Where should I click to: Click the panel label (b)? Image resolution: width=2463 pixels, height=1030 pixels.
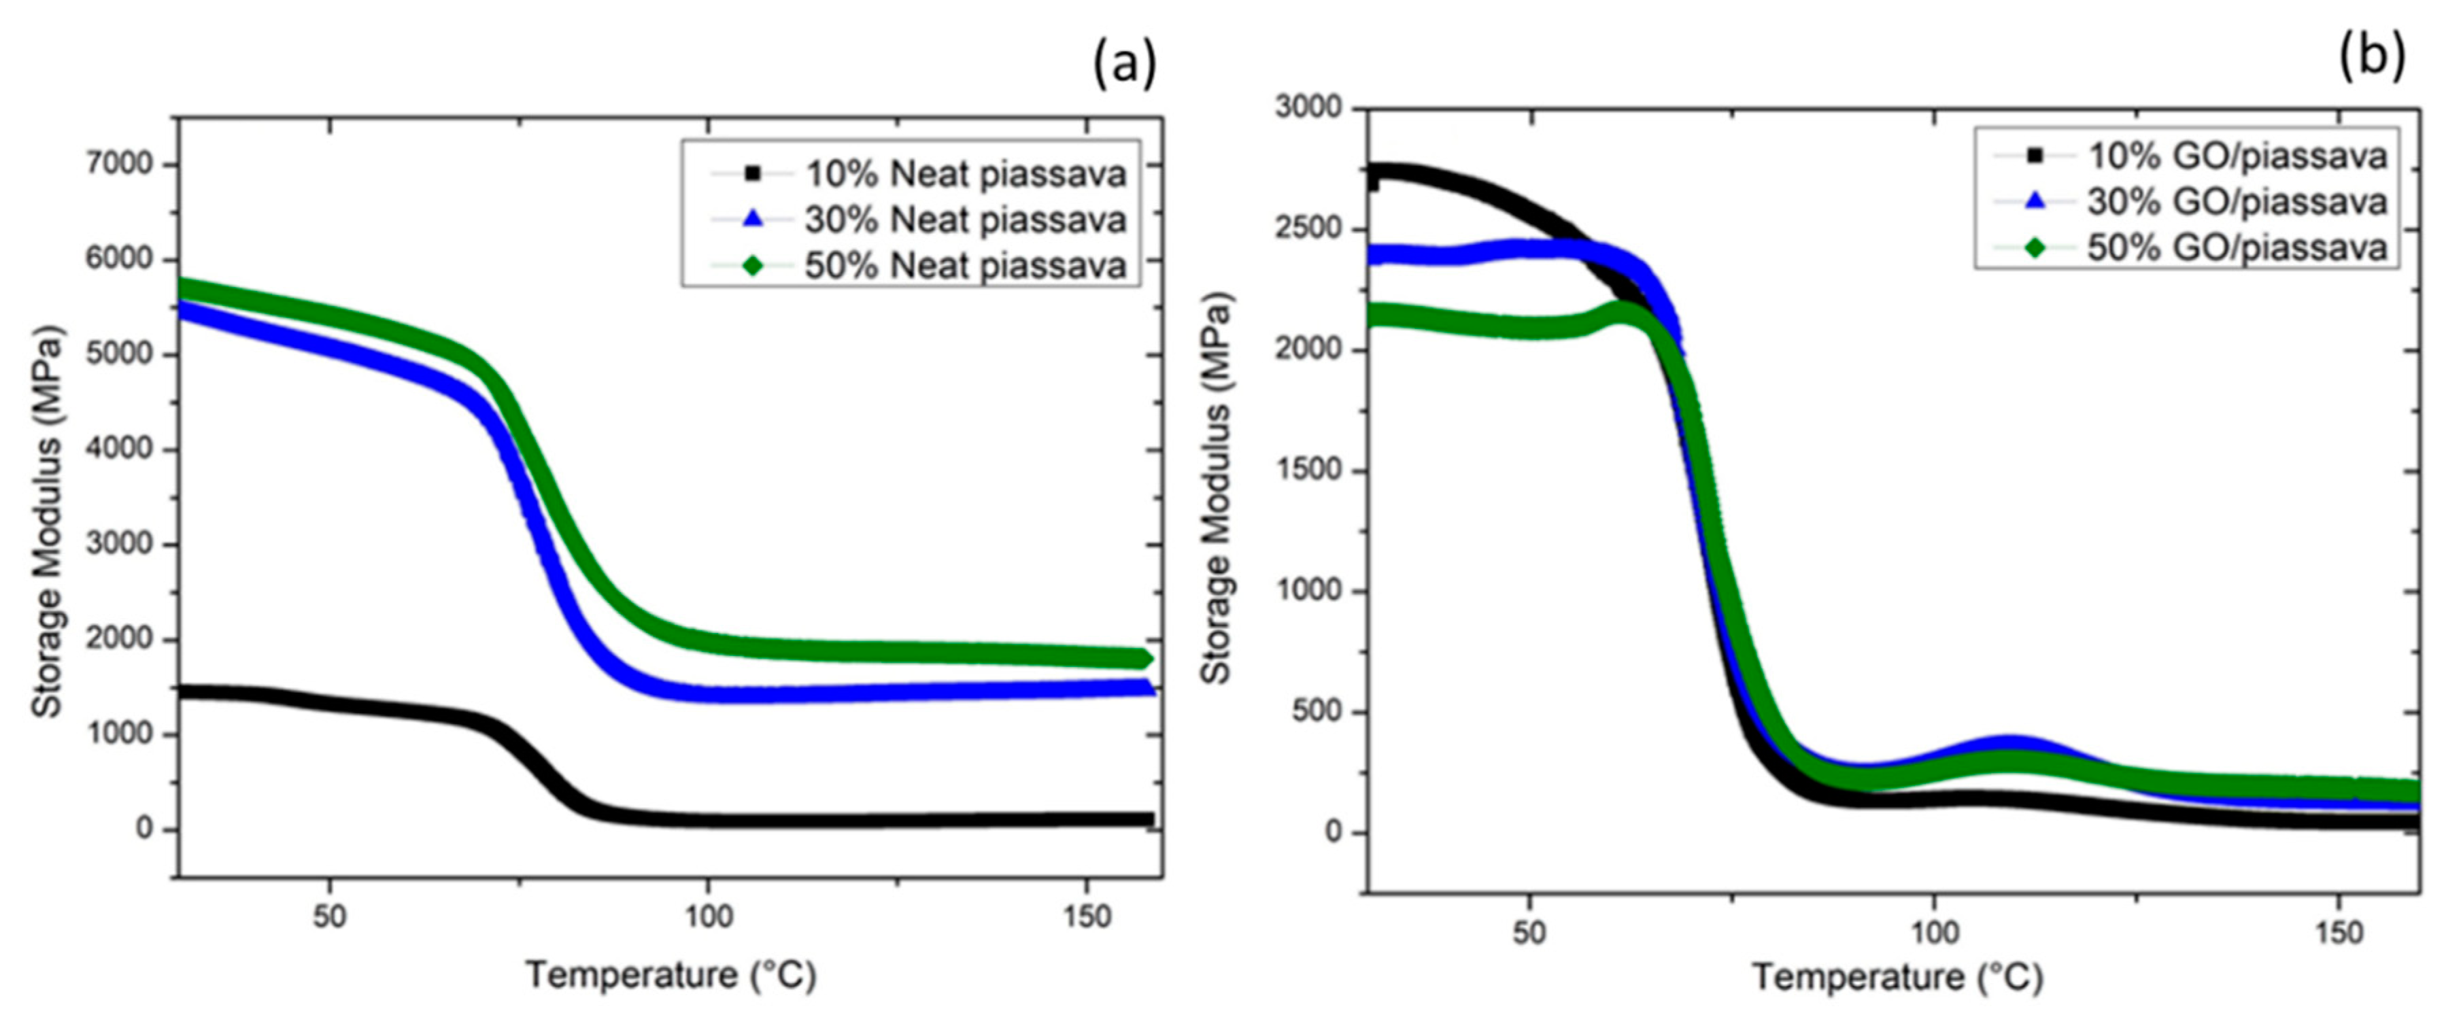[x=2372, y=57]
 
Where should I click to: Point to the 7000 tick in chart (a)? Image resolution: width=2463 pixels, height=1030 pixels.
[x=118, y=165]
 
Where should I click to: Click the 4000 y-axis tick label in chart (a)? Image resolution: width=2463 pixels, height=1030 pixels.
[x=118, y=449]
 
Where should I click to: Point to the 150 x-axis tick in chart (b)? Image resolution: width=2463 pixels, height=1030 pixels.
[x=2339, y=933]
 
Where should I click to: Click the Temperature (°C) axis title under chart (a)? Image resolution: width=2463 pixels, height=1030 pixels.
[x=671, y=976]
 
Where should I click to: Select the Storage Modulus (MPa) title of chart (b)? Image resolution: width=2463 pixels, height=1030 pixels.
[x=1217, y=487]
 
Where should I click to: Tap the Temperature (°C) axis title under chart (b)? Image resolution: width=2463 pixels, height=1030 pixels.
[x=1898, y=978]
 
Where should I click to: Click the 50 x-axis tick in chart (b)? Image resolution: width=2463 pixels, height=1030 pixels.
[x=1530, y=933]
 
